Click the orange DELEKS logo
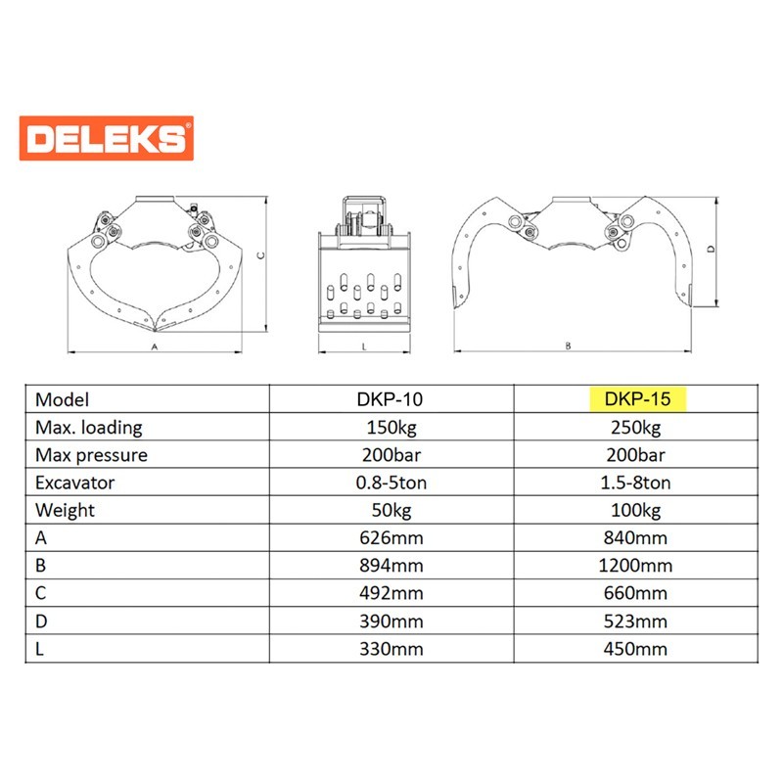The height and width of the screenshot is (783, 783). (107, 138)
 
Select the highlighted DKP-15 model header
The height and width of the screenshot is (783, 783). (638, 399)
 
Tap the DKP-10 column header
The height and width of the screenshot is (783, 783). (390, 399)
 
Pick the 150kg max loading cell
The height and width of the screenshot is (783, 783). (391, 428)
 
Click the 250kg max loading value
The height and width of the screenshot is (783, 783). (635, 428)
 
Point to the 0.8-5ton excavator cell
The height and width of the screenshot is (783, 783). (391, 483)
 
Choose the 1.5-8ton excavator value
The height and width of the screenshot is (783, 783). (635, 483)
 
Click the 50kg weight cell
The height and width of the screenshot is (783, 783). (391, 510)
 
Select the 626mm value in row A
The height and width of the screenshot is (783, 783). (391, 537)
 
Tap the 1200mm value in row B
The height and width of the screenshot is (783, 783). (635, 566)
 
